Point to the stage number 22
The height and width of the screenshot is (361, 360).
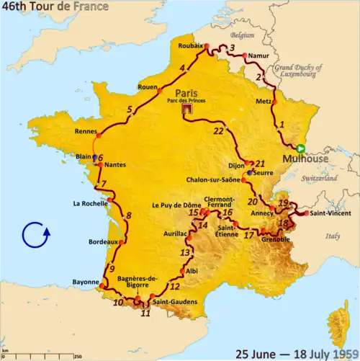point(218,131)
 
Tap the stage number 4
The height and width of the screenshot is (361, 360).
point(182,68)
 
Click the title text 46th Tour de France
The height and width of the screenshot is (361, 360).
point(55,6)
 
